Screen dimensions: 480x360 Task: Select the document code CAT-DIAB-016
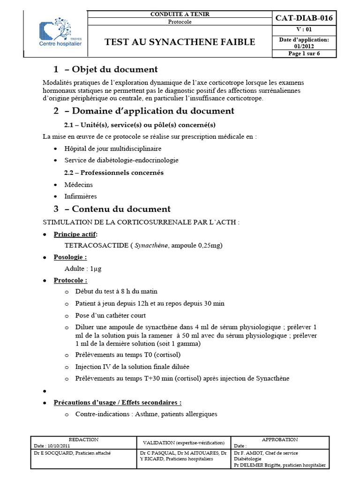tap(304, 18)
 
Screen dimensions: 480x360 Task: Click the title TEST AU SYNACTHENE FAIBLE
tap(180, 42)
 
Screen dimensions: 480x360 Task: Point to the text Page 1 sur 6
tap(304, 53)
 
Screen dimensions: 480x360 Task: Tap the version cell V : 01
tap(304, 30)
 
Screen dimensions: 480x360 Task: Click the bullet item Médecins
tap(79, 185)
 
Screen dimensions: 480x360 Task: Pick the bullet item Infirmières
tap(81, 196)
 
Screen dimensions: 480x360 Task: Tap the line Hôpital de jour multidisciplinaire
tap(113, 148)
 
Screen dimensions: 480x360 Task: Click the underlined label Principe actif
tap(75, 234)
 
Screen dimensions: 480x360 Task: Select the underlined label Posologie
tap(70, 257)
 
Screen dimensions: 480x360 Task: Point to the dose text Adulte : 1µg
tap(83, 269)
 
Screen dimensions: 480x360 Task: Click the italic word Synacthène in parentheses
tap(151, 245)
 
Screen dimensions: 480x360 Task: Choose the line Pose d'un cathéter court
tap(111, 315)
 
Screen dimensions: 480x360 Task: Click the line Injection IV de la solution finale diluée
tap(132, 366)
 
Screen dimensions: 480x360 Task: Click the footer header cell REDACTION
tap(83, 440)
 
